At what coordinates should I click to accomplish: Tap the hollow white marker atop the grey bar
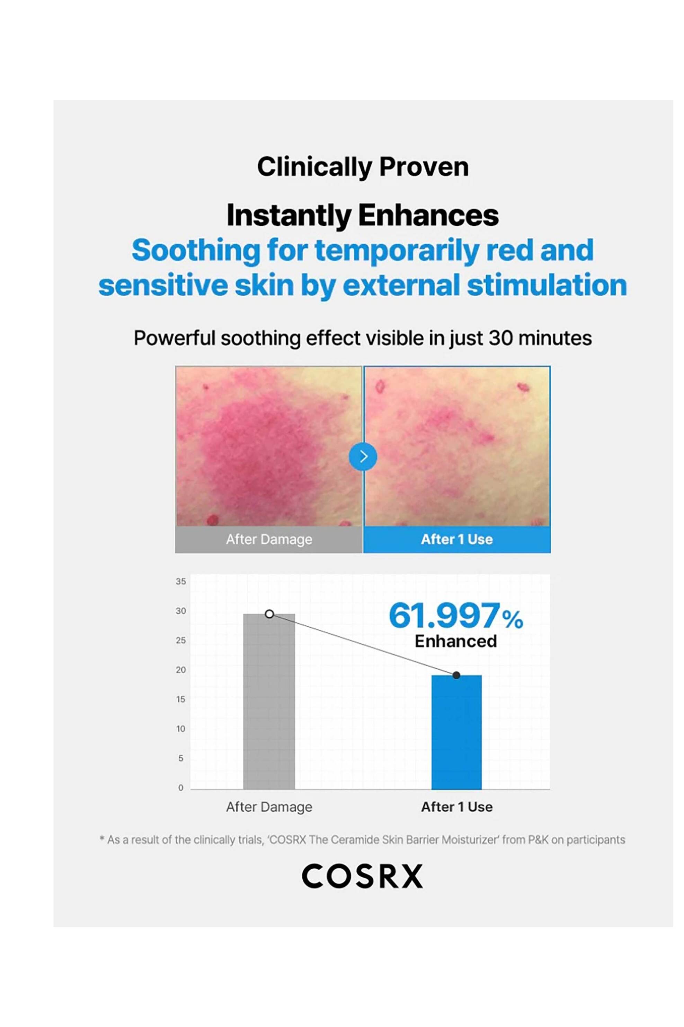tap(269, 614)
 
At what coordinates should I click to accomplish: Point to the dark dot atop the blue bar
tap(456, 675)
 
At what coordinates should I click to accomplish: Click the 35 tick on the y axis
tap(180, 581)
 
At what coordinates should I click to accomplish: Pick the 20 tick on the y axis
tap(180, 670)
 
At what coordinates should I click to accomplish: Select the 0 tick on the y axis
tap(180, 788)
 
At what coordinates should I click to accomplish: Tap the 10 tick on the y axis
tap(180, 729)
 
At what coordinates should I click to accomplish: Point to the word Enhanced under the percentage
tap(455, 641)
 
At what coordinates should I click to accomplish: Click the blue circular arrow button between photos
tap(363, 456)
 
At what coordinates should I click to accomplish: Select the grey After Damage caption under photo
tap(269, 539)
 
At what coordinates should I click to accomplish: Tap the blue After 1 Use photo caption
tap(457, 539)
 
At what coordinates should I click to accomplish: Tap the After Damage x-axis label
tap(269, 807)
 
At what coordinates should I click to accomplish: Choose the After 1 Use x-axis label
tap(457, 807)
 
